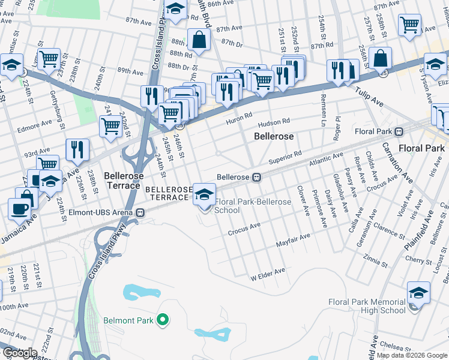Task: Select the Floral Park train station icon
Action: (397, 131)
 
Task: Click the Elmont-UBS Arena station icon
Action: (140, 211)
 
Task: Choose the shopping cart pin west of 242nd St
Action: (111, 127)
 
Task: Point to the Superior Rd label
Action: (285, 158)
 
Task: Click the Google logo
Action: (20, 353)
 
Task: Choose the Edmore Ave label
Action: (35, 127)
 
